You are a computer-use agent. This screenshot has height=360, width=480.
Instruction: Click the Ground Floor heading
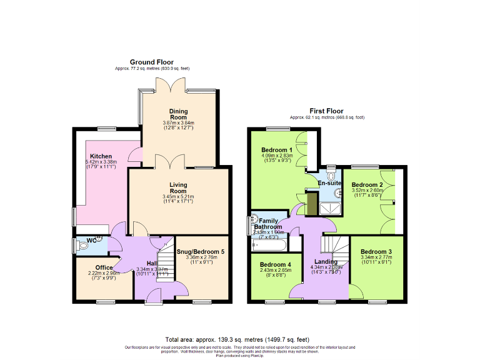tap(151, 62)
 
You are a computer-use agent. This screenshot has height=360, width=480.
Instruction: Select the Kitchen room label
tap(101, 156)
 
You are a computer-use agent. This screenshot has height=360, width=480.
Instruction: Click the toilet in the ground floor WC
tap(85, 246)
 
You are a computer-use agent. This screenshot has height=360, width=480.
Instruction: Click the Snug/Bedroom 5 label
tap(201, 251)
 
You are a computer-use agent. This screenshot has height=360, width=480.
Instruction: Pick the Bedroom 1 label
tap(276, 150)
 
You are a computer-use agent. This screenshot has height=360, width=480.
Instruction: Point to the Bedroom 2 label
tap(367, 185)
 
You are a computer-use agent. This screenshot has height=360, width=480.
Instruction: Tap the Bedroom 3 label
tap(376, 251)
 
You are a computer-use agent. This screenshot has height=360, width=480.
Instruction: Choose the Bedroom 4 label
tap(276, 264)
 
